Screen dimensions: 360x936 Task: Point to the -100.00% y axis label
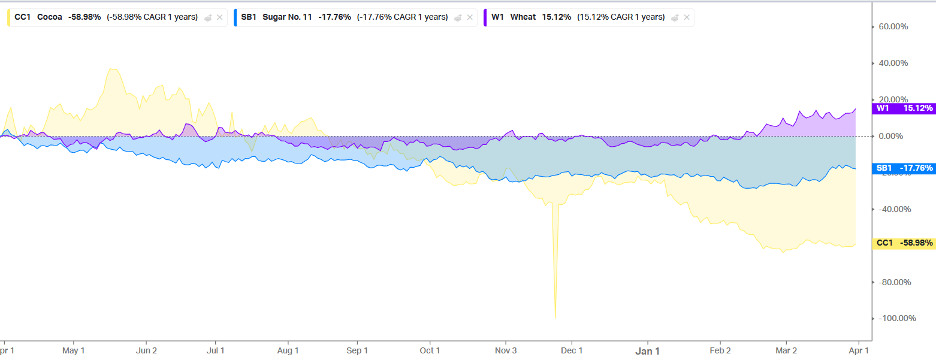coord(897,318)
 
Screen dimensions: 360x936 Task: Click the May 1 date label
coord(74,350)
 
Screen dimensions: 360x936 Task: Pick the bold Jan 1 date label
coord(647,351)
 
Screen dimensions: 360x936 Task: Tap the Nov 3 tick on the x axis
coord(506,350)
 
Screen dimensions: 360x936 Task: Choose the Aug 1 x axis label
coord(288,350)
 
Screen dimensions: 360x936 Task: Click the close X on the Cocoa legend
coord(219,17)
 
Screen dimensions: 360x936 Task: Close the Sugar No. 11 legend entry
coord(469,17)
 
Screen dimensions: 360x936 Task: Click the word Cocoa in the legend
coord(49,17)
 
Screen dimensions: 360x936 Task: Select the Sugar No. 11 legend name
coord(287,17)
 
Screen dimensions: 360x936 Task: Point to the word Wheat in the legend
coord(523,17)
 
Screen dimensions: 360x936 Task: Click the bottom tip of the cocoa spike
coord(555,318)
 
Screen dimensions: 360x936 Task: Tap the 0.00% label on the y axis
coord(897,136)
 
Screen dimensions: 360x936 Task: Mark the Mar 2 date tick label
coord(786,350)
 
